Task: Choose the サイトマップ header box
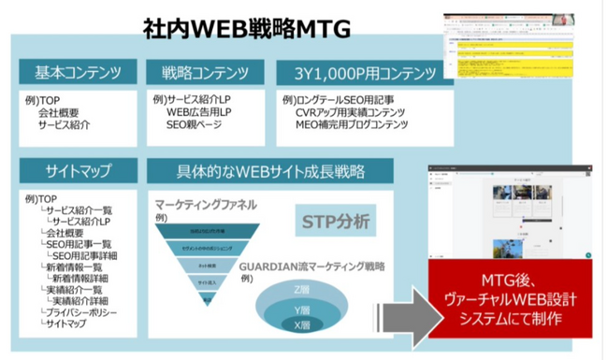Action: (x=79, y=172)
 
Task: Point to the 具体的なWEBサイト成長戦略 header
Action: (x=271, y=172)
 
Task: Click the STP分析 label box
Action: (x=336, y=222)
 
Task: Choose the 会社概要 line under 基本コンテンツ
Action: (x=60, y=111)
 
